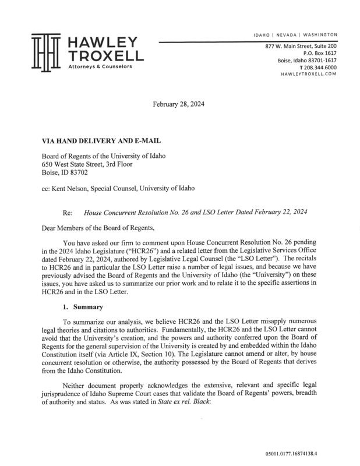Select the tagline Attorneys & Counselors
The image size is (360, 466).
100,67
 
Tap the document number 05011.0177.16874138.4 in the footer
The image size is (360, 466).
310,451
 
